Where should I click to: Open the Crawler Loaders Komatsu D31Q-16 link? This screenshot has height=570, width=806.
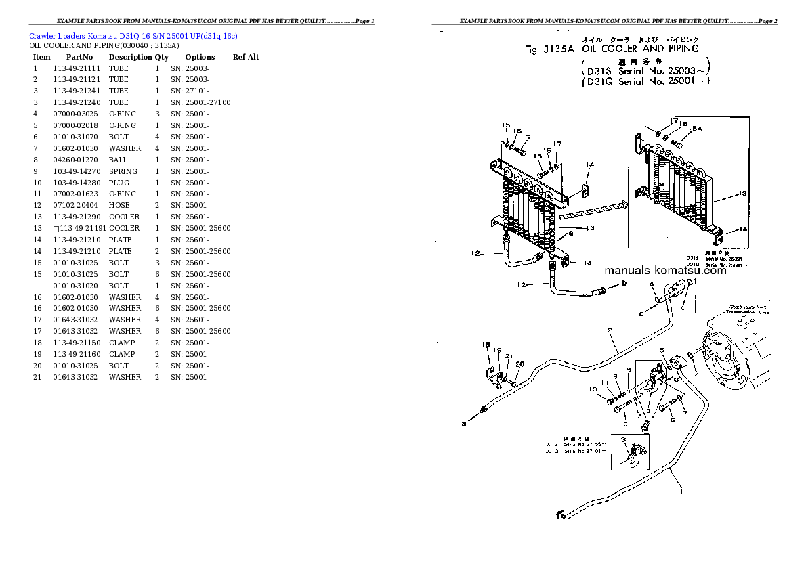click(133, 35)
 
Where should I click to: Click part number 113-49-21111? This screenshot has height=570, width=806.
click(77, 68)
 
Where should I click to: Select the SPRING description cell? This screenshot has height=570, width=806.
click(123, 171)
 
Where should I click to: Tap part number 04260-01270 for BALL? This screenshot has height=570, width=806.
click(75, 160)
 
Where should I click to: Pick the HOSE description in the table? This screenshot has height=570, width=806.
click(119, 205)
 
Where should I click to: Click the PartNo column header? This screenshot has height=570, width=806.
click(80, 57)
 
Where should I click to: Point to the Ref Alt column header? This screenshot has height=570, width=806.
click(246, 57)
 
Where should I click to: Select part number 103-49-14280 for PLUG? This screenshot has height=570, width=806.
click(77, 183)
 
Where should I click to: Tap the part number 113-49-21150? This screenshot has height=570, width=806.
click(77, 343)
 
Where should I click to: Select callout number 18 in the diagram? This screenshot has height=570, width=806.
click(486, 345)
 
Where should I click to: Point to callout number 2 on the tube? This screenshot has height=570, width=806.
click(610, 331)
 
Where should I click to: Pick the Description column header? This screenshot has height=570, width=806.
click(130, 57)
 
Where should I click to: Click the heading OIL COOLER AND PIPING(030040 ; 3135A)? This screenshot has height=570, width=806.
click(104, 45)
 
